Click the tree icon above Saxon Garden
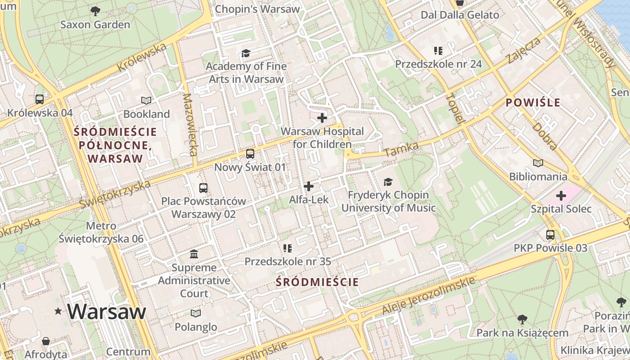tap(95, 10)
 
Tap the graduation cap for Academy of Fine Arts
tap(246, 53)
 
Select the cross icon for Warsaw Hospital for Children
tap(322, 118)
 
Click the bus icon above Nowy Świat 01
tap(250, 154)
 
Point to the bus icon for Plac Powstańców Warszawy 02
tap(203, 188)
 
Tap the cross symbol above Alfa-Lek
tap(309, 186)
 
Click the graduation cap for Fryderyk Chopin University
tap(388, 182)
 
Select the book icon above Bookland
tap(146, 100)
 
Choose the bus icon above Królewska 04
tap(40, 99)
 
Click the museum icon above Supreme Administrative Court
tap(194, 254)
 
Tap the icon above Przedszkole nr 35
tap(288, 248)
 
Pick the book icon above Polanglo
tap(196, 313)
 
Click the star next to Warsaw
tap(58, 311)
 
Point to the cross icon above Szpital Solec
tap(561, 196)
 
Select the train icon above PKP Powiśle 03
tap(550, 234)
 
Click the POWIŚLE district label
tap(533, 103)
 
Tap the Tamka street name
tap(401, 150)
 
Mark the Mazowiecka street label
tap(190, 125)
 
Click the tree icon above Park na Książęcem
tap(522, 319)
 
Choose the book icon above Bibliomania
tap(538, 163)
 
